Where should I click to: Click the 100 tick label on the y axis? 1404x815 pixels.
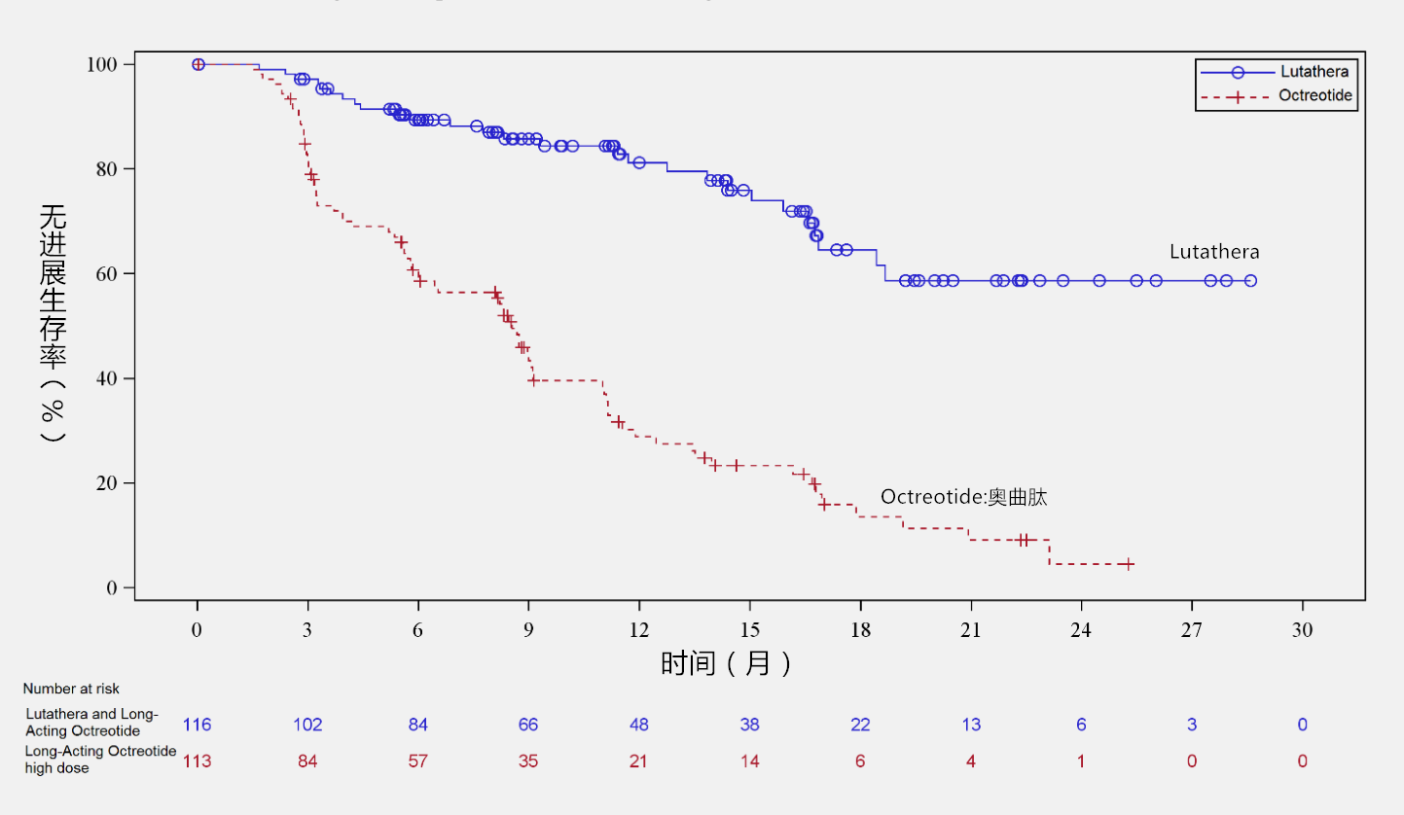102,64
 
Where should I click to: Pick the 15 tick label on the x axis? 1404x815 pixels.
749,628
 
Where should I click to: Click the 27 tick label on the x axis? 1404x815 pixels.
1192,628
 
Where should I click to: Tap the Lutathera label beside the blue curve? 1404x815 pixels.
1213,253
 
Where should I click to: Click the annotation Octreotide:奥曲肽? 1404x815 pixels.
963,497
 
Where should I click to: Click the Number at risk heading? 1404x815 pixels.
71,689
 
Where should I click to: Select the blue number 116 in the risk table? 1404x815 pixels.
197,725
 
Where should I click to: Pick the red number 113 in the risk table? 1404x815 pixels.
197,761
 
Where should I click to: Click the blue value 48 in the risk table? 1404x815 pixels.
638,725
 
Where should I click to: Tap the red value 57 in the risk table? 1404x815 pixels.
417,761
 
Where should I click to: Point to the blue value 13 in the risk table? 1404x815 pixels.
970,725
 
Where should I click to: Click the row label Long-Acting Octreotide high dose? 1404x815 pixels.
100,760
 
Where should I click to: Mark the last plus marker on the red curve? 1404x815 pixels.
1127,564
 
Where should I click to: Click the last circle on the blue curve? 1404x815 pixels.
1250,281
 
